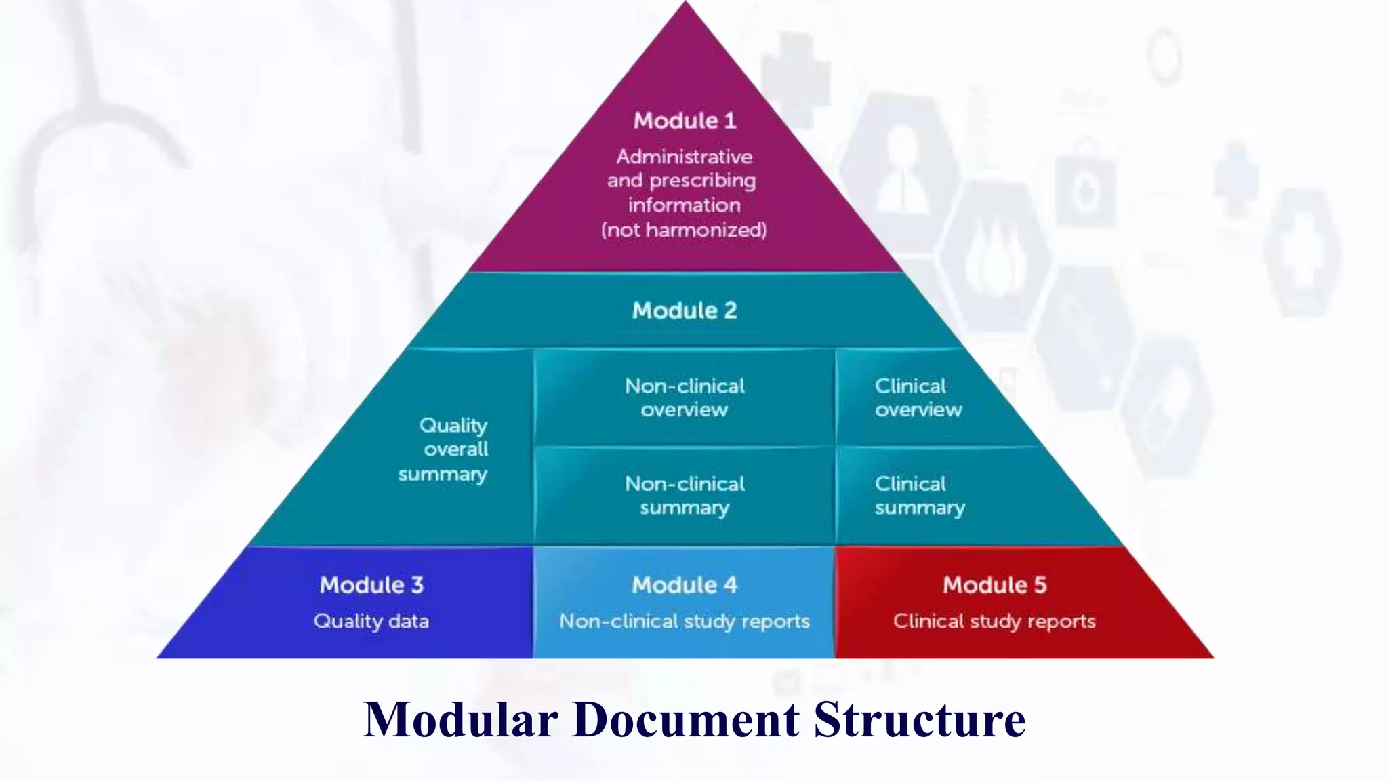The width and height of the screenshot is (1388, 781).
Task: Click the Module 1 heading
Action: pyautogui.click(x=685, y=121)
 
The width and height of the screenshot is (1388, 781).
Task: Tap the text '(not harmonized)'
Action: pyautogui.click(x=684, y=230)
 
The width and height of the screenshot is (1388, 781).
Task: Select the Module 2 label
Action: pyautogui.click(x=685, y=311)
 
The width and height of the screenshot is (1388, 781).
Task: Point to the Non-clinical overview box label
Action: pyautogui.click(x=685, y=397)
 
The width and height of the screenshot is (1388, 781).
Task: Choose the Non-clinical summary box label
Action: pyautogui.click(x=685, y=496)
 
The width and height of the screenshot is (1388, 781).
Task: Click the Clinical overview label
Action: pyautogui.click(x=917, y=397)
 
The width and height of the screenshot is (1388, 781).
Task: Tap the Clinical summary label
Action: pyautogui.click(x=919, y=496)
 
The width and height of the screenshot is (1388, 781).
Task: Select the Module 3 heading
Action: pyautogui.click(x=371, y=585)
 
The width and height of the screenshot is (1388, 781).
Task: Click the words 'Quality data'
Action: pyautogui.click(x=371, y=621)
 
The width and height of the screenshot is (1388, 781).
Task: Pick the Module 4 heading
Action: pyautogui.click(x=685, y=585)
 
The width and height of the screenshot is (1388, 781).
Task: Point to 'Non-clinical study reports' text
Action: pyautogui.click(x=685, y=621)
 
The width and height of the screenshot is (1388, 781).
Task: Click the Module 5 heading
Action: pyautogui.click(x=994, y=585)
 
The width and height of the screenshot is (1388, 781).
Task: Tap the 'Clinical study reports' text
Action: pyautogui.click(x=994, y=621)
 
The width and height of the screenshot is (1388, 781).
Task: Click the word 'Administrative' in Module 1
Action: pyautogui.click(x=685, y=157)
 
